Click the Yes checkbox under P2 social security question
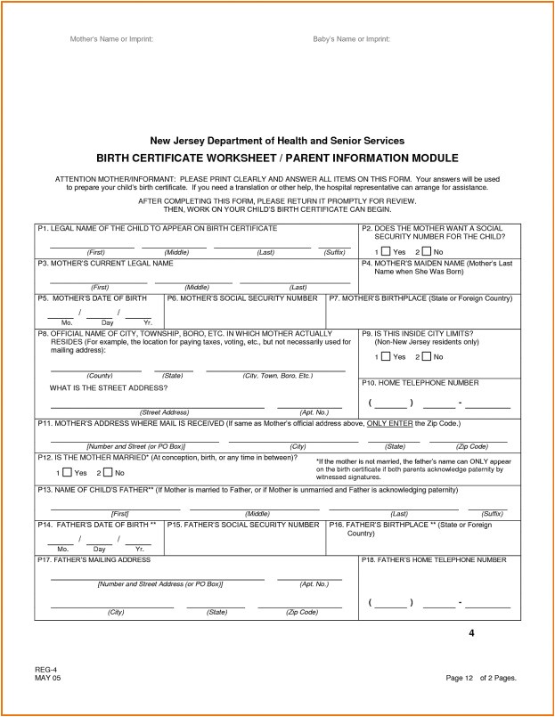[x=386, y=252]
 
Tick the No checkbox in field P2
[x=427, y=252]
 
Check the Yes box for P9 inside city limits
[x=386, y=357]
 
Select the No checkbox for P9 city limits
[x=427, y=357]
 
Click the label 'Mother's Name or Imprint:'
[x=112, y=40]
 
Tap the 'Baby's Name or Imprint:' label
[x=351, y=40]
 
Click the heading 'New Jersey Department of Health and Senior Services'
[x=277, y=141]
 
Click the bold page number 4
[x=472, y=633]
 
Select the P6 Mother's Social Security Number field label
[x=242, y=297]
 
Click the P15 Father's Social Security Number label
[x=242, y=526]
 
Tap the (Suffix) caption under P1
[x=334, y=253]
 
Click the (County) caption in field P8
[x=100, y=376]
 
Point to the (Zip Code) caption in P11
[x=472, y=445]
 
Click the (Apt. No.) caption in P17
[x=315, y=584]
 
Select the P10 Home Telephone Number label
[x=420, y=382]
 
